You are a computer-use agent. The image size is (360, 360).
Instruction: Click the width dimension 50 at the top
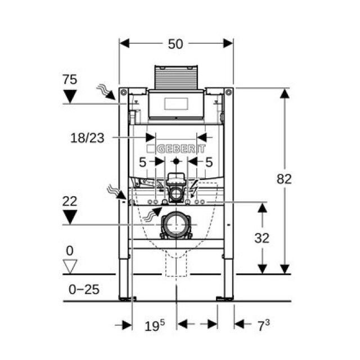point(175,44)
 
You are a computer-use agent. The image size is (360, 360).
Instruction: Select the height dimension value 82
point(285,179)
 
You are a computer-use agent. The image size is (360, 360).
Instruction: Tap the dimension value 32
point(262,238)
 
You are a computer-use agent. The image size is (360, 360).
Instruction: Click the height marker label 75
point(70,79)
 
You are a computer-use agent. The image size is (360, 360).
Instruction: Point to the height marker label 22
point(70,201)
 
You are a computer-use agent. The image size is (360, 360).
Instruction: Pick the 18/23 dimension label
point(88,137)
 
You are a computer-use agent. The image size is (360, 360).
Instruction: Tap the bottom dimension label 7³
point(264,325)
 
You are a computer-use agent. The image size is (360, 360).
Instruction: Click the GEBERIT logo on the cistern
point(176,149)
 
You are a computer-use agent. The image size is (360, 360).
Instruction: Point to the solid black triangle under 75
point(70,96)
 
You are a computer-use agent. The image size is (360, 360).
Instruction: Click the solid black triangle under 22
point(70,217)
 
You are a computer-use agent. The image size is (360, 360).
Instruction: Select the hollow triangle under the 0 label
point(70,266)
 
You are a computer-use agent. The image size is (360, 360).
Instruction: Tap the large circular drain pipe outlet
point(176,225)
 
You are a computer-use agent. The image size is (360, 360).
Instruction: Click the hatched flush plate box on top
point(177,78)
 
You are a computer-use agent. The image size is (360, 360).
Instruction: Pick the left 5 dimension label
point(143,163)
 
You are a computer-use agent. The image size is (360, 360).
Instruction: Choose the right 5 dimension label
point(209,163)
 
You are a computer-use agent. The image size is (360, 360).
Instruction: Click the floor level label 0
point(70,250)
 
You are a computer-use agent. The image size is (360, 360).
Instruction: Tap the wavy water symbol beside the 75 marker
point(105,90)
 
